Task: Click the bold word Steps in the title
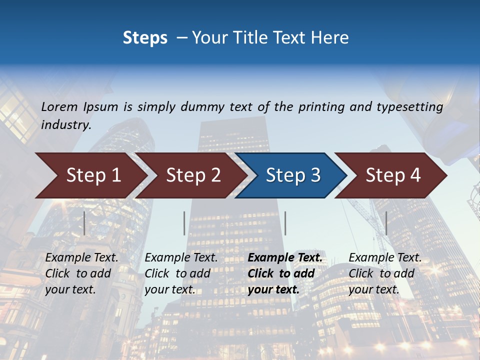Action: pos(145,38)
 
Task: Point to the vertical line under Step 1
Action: pos(84,223)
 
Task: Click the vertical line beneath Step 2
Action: pos(184,223)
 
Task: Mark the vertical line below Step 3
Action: pos(285,223)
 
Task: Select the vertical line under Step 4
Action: pos(386,223)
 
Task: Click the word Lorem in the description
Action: pos(59,106)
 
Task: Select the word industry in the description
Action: pos(66,125)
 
